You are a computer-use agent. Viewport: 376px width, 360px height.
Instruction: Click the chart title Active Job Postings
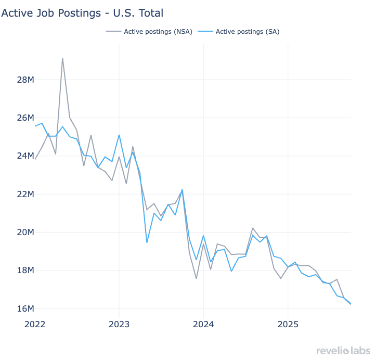(85, 12)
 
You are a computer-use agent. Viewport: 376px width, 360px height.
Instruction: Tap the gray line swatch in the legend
(113, 32)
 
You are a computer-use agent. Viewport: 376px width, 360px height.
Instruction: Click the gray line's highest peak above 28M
(62, 58)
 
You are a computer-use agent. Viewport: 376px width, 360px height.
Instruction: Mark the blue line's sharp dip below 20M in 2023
(147, 242)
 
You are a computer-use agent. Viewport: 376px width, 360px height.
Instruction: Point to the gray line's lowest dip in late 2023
(196, 278)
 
